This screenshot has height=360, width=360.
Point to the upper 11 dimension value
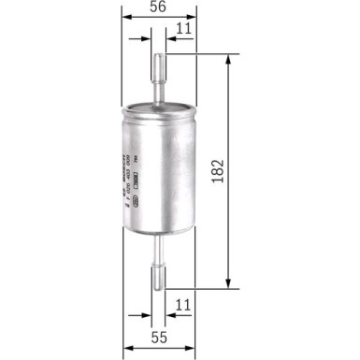tap(183, 29)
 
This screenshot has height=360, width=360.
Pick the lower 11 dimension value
tap(183, 305)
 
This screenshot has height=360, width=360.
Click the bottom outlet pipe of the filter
tap(158, 262)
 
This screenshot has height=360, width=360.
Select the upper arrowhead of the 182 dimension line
tap(228, 58)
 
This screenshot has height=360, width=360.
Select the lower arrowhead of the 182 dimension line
tap(228, 284)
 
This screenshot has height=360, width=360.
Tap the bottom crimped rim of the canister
tap(158, 233)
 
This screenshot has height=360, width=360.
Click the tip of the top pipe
tap(158, 55)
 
